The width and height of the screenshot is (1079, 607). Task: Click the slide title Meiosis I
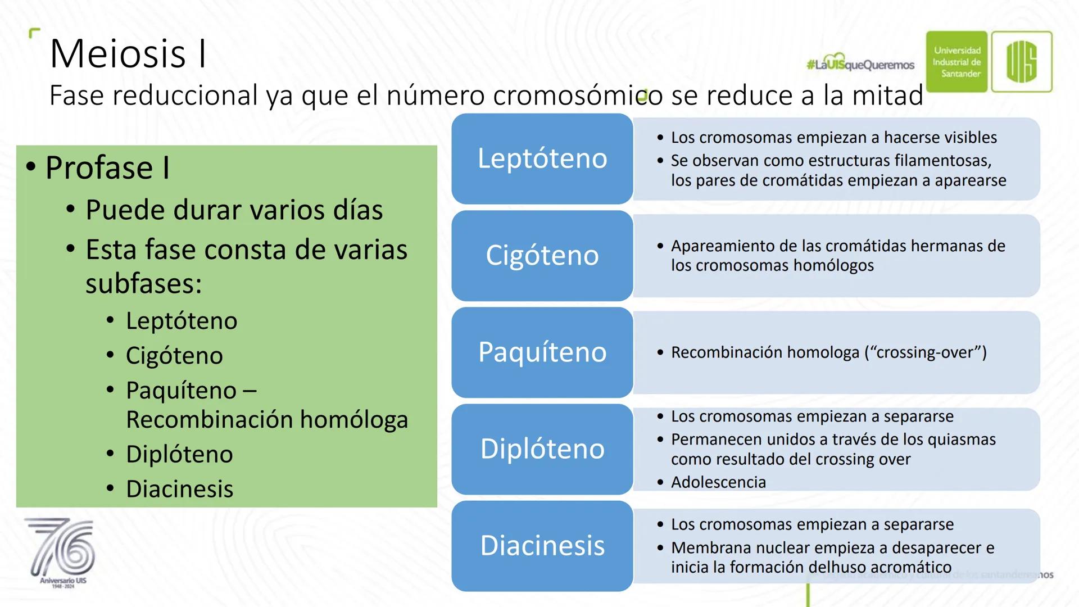point(128,54)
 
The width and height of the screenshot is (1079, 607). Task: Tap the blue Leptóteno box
point(542,158)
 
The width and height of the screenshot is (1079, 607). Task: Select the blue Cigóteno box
point(542,256)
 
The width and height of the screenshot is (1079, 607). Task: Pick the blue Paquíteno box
point(542,352)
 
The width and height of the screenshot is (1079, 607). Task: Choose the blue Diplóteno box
point(542,449)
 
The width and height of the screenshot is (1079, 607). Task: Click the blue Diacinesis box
point(542,546)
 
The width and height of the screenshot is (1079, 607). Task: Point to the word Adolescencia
point(718,482)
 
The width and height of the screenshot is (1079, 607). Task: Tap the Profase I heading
point(107,167)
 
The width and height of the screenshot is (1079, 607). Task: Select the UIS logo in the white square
point(1022,62)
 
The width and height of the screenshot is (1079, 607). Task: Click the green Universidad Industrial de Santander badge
point(957,62)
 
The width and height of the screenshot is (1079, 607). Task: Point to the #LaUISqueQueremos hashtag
point(860,64)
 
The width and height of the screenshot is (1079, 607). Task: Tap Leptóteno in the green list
point(182,321)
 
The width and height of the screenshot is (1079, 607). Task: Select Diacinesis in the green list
point(179,489)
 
